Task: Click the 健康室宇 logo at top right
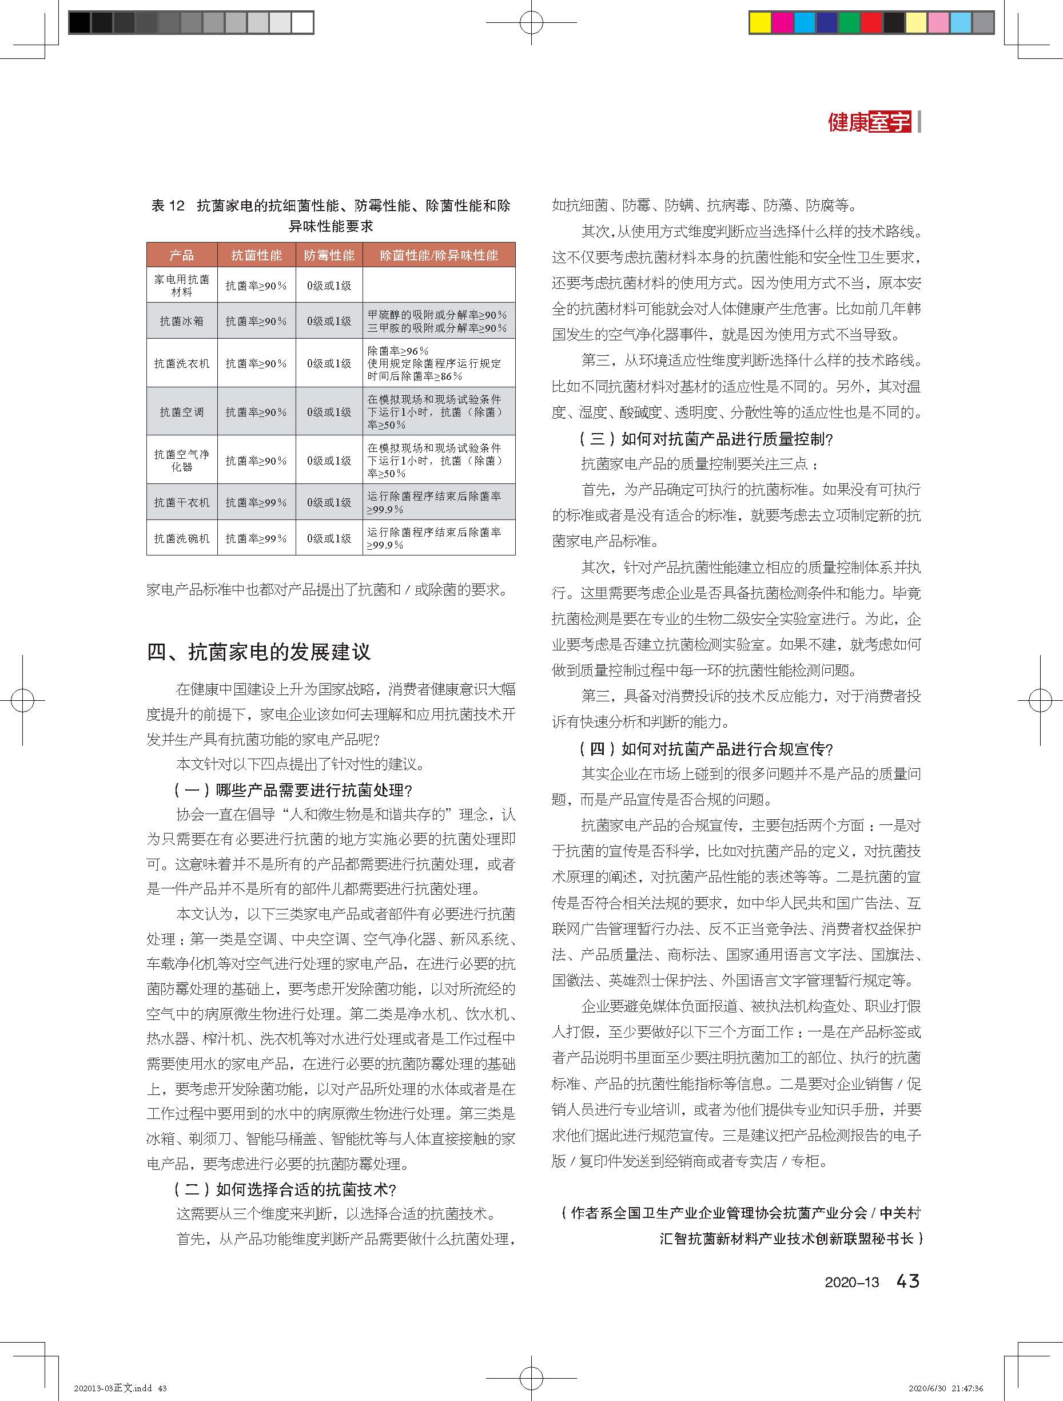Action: pyautogui.click(x=869, y=122)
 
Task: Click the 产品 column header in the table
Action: pyautogui.click(x=182, y=255)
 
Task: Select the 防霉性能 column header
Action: pyautogui.click(x=329, y=255)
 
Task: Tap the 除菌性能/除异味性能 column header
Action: pyautogui.click(x=439, y=255)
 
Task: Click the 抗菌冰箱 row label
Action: pyautogui.click(x=182, y=321)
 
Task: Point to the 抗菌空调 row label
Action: pyautogui.click(x=182, y=412)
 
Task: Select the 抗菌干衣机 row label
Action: pyautogui.click(x=182, y=502)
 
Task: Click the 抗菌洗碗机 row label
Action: pyautogui.click(x=182, y=538)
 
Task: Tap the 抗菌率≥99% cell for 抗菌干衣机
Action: pyautogui.click(x=256, y=502)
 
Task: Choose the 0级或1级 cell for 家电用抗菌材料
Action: pyautogui.click(x=329, y=285)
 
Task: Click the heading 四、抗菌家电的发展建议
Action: pyautogui.click(x=259, y=652)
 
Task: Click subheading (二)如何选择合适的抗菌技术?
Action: pyautogui.click(x=285, y=1189)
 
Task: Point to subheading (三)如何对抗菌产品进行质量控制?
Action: pyautogui.click(x=706, y=439)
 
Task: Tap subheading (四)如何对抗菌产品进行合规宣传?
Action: pyautogui.click(x=706, y=749)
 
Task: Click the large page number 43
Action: pyautogui.click(x=908, y=1281)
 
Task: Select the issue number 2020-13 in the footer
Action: pyautogui.click(x=851, y=1283)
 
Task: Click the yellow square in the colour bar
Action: pyautogui.click(x=760, y=23)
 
